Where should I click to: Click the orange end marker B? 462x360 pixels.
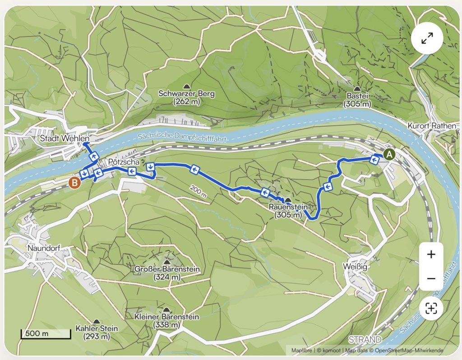point(75,183)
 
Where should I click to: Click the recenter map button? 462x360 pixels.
point(431,309)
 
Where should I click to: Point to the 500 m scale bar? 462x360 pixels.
point(46,334)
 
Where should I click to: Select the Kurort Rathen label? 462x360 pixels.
point(432,126)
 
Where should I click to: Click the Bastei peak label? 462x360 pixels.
point(357,100)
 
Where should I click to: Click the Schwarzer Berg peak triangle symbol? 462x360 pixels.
point(186,86)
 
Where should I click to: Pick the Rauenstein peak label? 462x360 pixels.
point(288,211)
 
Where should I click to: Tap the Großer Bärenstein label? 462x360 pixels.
point(167,272)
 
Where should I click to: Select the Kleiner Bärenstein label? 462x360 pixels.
point(167,321)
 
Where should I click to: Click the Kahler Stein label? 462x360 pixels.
point(97,332)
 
